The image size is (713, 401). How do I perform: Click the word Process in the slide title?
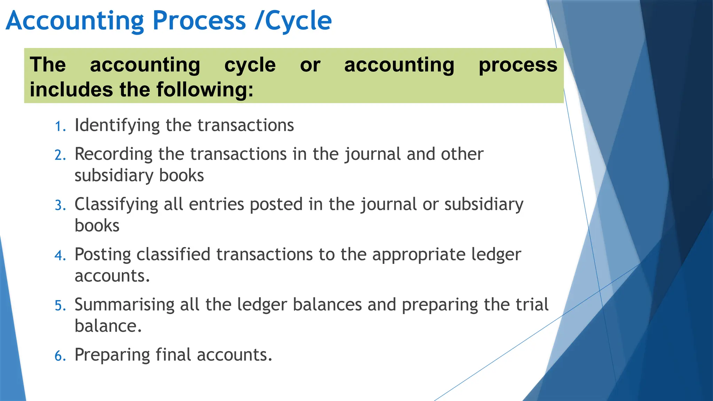[x=199, y=21]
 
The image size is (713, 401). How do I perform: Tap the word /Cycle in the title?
[x=293, y=21]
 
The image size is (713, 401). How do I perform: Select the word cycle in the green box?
[x=250, y=65]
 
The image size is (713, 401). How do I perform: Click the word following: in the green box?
[x=205, y=89]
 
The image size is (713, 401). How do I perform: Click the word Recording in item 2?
[x=113, y=154]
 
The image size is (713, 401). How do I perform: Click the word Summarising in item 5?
[x=124, y=305]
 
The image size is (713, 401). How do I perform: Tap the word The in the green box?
[x=48, y=65]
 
